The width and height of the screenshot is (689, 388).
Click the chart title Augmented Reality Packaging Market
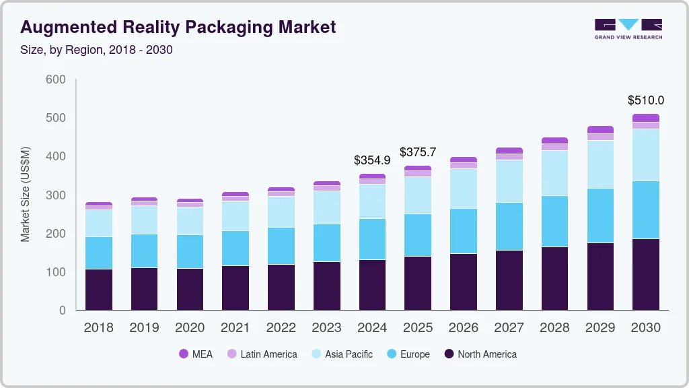tap(178, 28)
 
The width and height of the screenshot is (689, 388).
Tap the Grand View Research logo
tap(628, 29)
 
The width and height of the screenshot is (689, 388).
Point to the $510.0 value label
tap(646, 100)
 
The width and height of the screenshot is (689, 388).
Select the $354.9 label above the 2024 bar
tap(372, 160)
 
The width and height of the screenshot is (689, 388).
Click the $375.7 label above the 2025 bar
tap(418, 152)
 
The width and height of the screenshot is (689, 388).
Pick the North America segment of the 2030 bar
tap(646, 274)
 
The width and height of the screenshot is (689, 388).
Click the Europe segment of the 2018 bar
tap(99, 253)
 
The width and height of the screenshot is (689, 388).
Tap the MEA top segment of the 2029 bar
tap(600, 129)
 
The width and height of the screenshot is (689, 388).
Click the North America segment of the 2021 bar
tap(235, 288)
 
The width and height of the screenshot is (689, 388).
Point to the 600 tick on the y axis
tap(56, 79)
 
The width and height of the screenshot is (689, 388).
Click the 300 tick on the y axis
tap(56, 195)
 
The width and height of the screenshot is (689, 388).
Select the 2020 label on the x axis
tap(190, 328)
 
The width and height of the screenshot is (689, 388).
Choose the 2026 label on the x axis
tap(464, 328)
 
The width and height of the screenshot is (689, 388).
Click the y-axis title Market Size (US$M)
tap(26, 194)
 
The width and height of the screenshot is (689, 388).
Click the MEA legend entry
tap(195, 354)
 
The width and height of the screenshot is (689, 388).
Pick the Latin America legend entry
tap(262, 354)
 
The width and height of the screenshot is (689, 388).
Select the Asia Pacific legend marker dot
tap(316, 354)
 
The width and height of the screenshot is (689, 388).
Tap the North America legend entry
tap(480, 354)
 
